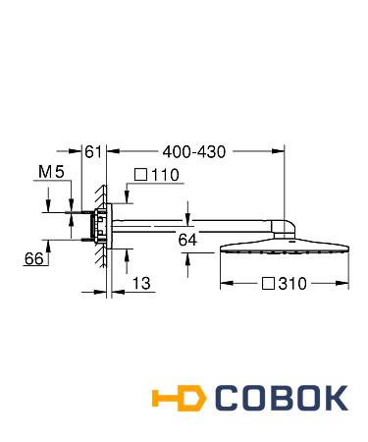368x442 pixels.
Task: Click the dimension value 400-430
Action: (194, 152)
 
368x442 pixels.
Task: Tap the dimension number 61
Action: (93, 152)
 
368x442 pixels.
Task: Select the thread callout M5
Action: (51, 172)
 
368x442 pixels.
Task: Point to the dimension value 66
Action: (34, 259)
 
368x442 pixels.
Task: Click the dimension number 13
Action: (141, 283)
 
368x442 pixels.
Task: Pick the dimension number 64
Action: (187, 240)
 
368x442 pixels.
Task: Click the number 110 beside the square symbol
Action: (165, 175)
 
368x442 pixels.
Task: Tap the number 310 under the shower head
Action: (292, 284)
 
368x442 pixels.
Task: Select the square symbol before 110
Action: (141, 175)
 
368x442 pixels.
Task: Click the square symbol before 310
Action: (268, 284)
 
